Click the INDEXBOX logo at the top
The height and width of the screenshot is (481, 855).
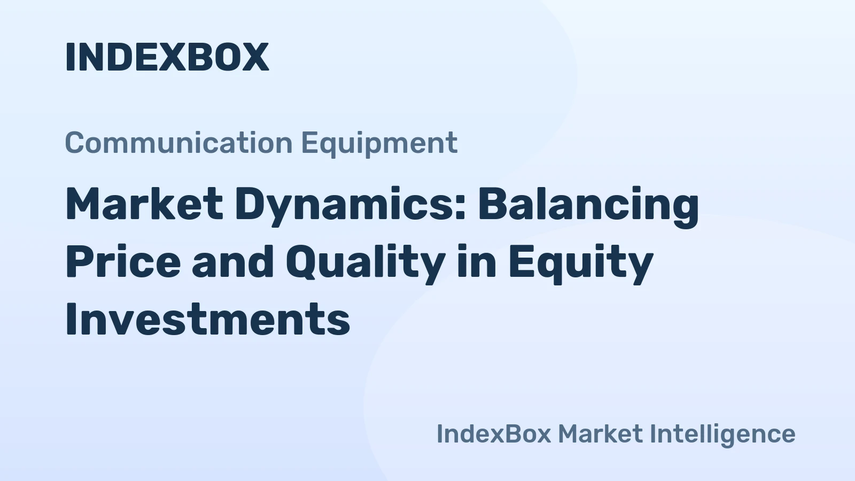click(x=167, y=57)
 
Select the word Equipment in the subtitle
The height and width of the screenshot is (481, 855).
click(x=379, y=143)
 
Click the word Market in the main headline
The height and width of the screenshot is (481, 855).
click(x=144, y=204)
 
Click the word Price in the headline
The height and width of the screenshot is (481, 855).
click(x=123, y=262)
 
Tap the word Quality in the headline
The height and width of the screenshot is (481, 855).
click(x=365, y=262)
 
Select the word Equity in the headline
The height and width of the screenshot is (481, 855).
click(x=580, y=262)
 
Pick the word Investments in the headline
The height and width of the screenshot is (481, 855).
click(x=207, y=319)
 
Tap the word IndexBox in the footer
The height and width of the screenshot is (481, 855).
click(x=493, y=433)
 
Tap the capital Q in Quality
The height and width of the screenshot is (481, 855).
click(x=302, y=262)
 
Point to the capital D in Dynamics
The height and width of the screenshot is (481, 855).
click(x=250, y=204)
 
